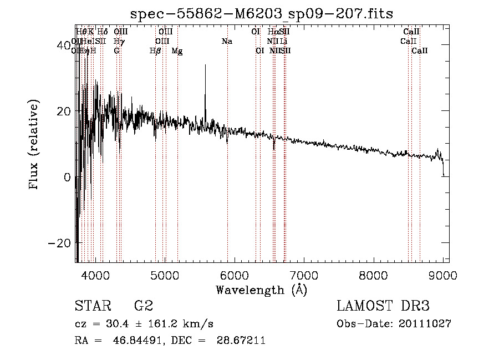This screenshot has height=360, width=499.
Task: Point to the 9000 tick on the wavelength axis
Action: [x=443, y=274]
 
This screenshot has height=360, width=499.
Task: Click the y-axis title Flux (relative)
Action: [x=34, y=145]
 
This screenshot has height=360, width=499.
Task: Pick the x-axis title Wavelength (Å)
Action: [x=261, y=290]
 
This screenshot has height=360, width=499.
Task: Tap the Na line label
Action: [x=226, y=41]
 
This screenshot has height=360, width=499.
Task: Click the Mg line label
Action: [x=177, y=50]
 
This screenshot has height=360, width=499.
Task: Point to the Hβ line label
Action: [x=155, y=50]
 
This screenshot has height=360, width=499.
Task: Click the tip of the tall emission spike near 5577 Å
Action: [x=205, y=65]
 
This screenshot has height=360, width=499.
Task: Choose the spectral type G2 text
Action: [x=143, y=306]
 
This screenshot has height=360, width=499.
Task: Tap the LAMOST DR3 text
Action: [x=383, y=306]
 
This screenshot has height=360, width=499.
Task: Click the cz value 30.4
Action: [x=118, y=324]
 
